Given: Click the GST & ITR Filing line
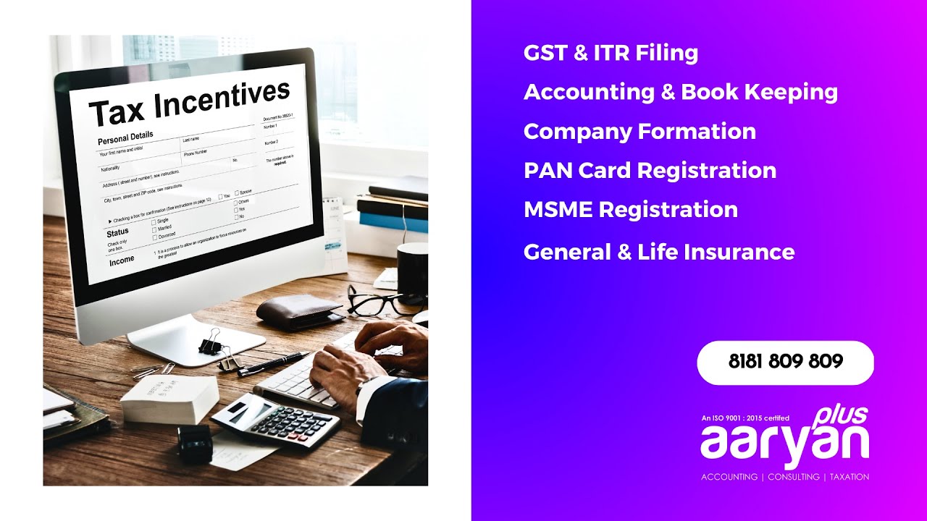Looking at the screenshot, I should pos(611,53).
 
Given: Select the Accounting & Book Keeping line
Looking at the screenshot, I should pos(680,92).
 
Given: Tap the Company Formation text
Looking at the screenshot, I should pos(639,132).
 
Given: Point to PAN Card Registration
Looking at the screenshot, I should pos(650,171).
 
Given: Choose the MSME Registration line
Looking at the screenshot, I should pos(630,210).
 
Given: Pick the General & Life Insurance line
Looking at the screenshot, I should pos(658,252).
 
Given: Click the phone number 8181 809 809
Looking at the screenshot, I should pos(785,362).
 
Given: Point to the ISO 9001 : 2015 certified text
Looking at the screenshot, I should pos(745,418).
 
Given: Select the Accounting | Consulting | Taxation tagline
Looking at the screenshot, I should pos(785,477).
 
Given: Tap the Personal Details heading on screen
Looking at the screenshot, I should pos(125,137).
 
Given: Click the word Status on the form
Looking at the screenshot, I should pos(117,232).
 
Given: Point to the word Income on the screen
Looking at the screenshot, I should pos(122,261).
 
